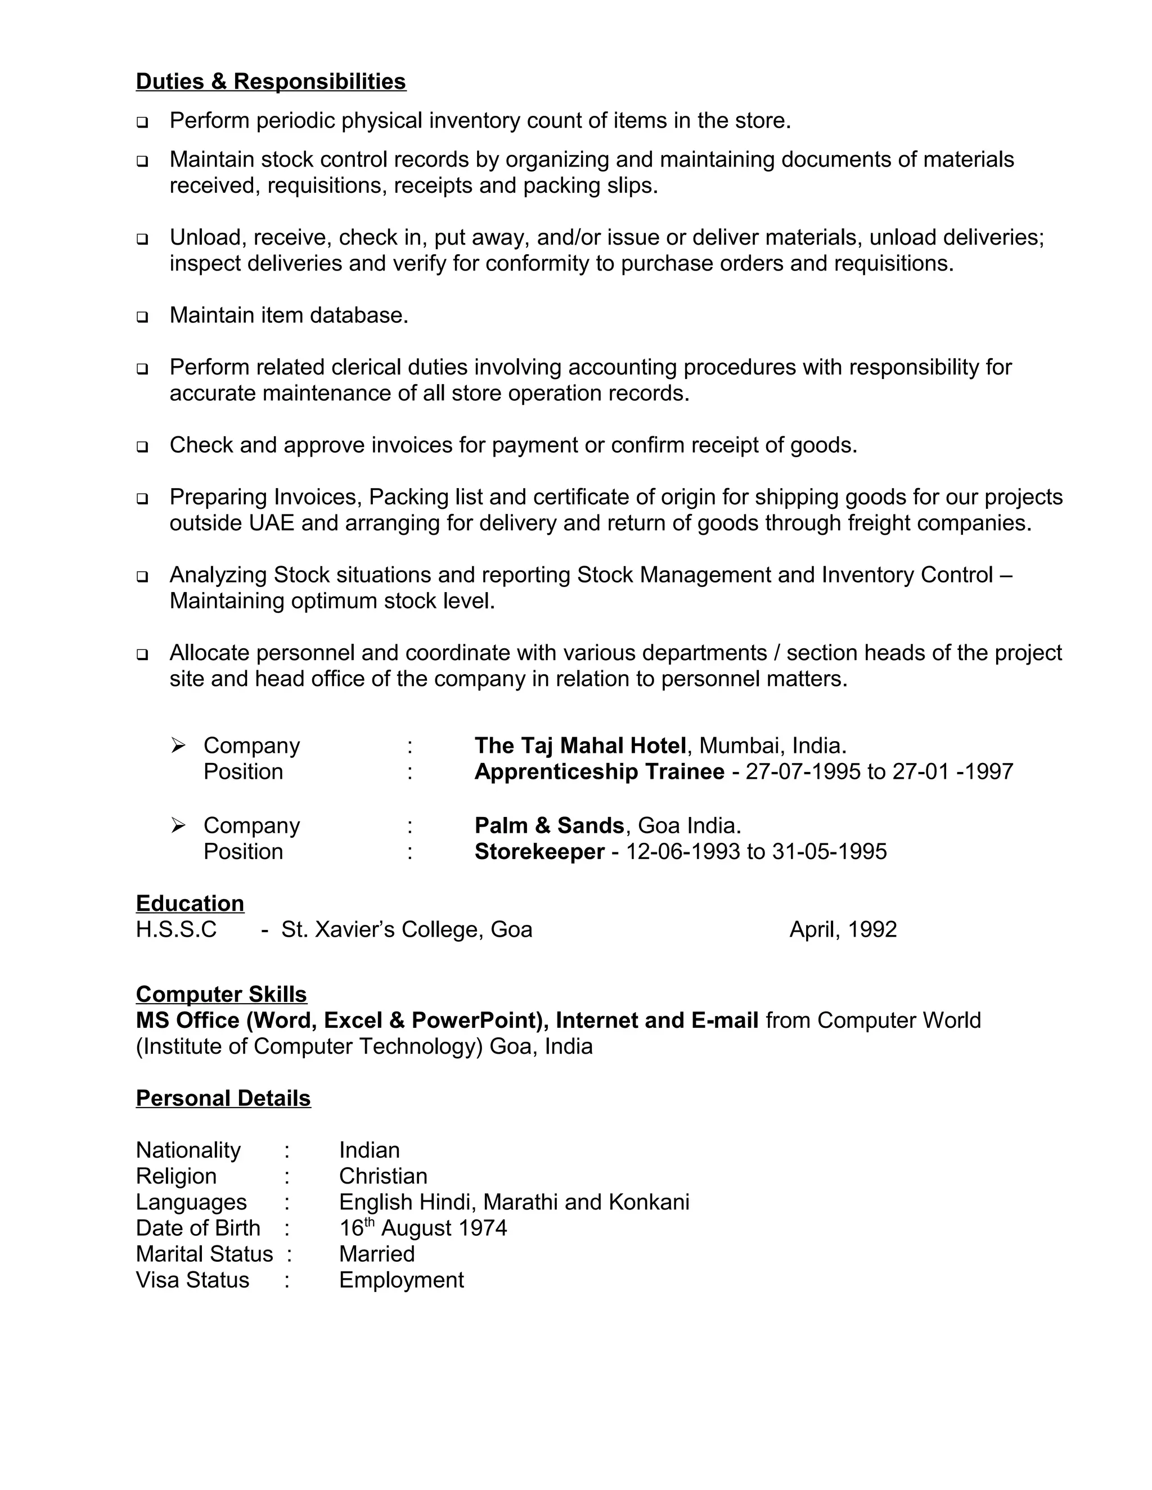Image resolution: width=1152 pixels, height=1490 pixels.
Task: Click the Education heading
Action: (x=190, y=904)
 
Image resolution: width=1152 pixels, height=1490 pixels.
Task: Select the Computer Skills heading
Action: (x=221, y=994)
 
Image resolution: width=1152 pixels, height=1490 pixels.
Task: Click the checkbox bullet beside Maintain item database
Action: (x=142, y=317)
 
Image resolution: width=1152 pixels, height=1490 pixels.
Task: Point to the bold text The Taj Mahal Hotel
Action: (x=580, y=745)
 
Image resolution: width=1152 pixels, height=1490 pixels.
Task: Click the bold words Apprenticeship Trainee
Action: (x=599, y=771)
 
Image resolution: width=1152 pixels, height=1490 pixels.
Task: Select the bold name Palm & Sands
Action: (x=548, y=825)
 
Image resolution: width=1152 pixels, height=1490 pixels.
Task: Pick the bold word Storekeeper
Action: (x=539, y=851)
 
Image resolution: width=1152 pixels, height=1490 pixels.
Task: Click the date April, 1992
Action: (x=843, y=929)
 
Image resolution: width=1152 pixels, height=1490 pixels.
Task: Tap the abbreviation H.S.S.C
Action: (x=176, y=929)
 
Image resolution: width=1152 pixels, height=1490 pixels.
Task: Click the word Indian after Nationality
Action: (x=369, y=1150)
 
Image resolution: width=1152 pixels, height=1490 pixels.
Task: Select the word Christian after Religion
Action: (x=383, y=1176)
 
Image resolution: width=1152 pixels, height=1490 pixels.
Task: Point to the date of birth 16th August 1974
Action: (x=423, y=1228)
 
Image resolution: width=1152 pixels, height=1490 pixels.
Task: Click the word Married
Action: (x=377, y=1254)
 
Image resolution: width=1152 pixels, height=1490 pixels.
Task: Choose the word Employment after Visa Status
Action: (x=401, y=1280)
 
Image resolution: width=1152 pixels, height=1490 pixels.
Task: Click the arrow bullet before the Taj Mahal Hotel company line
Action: (x=178, y=745)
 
